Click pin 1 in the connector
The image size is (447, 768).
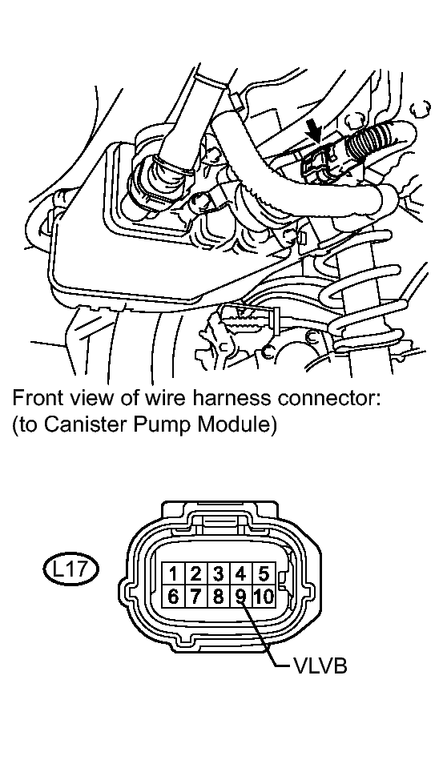coord(173,573)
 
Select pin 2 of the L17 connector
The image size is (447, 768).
coord(195,573)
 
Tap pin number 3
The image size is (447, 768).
coord(218,573)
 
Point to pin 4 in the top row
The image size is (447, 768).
coord(240,573)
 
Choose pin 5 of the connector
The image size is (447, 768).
coord(264,573)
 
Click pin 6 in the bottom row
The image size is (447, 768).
coord(173,597)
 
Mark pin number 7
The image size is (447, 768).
coord(195,597)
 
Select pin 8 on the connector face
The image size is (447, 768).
coord(218,597)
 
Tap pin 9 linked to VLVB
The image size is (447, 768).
coord(240,597)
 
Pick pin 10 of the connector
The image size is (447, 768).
coord(264,597)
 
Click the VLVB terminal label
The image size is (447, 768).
coord(320,666)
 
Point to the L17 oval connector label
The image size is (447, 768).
coord(70,569)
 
